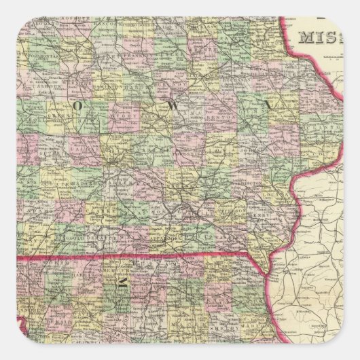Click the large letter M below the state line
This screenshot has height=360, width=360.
(x=124, y=284)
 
